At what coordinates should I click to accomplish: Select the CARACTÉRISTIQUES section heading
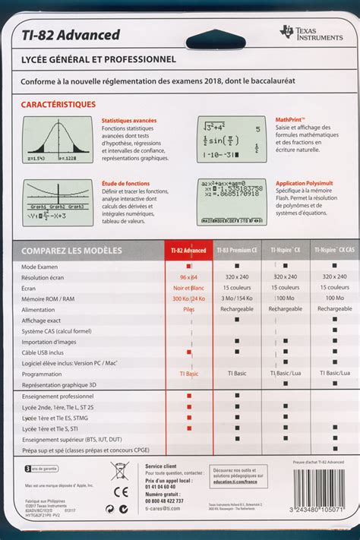(58, 103)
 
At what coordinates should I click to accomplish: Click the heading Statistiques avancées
(129, 120)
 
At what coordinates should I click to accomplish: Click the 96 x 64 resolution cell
(188, 277)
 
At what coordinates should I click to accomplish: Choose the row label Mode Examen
(39, 267)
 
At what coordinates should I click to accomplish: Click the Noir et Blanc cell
(188, 288)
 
